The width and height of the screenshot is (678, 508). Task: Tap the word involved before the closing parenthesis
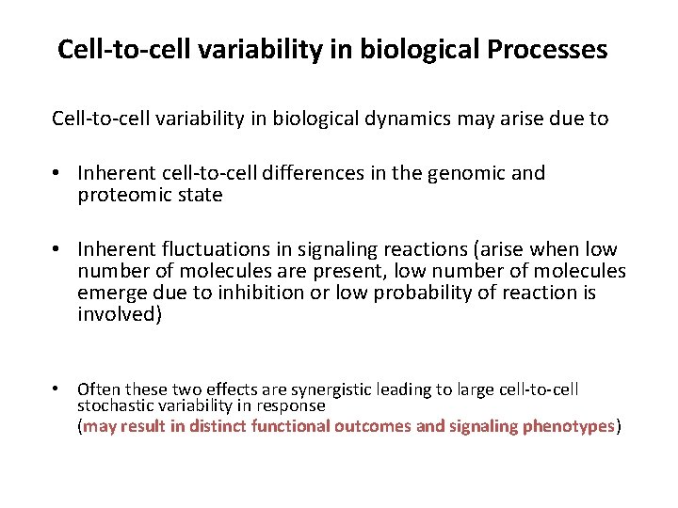point(117,314)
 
